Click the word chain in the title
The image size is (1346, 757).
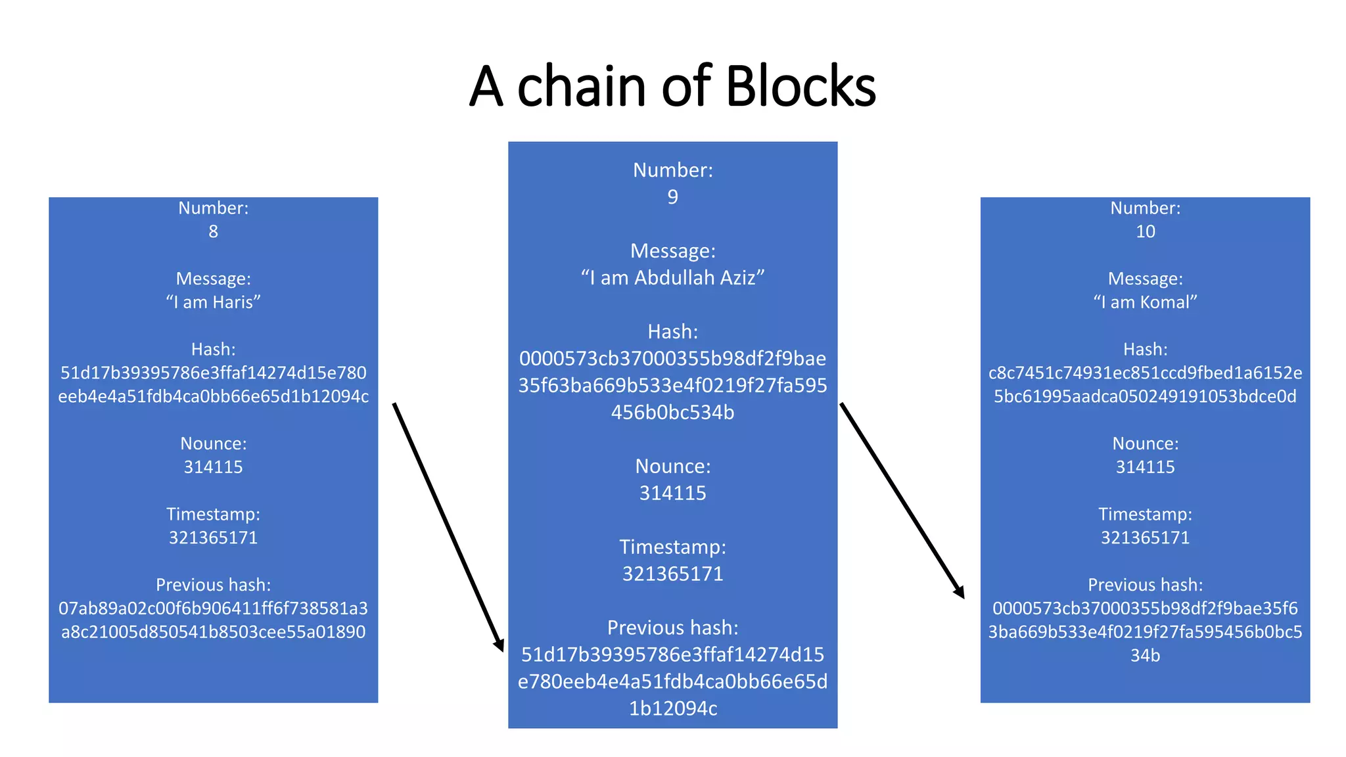click(581, 87)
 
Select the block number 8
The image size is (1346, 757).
click(213, 231)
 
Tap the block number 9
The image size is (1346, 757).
click(672, 197)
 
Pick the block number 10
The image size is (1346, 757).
click(1145, 231)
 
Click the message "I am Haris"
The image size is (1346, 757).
click(213, 302)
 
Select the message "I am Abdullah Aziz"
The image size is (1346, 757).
click(672, 278)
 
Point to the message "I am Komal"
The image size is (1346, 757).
click(1145, 302)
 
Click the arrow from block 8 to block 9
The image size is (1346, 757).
click(448, 526)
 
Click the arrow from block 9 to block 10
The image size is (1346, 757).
click(902, 499)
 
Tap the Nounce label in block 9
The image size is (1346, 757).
click(672, 467)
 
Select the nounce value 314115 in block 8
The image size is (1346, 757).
click(213, 467)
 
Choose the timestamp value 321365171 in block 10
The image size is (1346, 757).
click(1145, 538)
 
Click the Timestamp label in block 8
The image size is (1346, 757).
click(213, 514)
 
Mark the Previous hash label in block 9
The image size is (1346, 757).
click(672, 628)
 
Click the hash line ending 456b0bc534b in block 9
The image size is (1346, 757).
click(672, 413)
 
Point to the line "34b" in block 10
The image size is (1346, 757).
click(1145, 655)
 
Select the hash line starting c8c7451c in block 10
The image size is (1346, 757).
click(1145, 373)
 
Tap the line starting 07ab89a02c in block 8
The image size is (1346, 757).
click(213, 608)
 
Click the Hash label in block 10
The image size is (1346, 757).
click(1145, 349)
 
